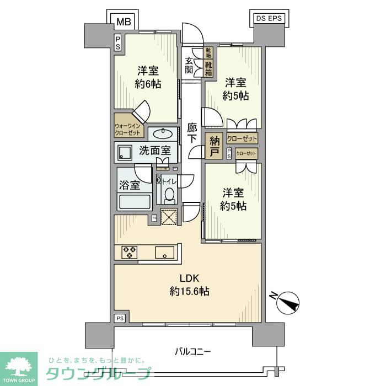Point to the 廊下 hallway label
[x=192, y=133]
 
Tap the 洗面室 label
[x=154, y=150]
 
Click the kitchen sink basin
[x=166, y=253]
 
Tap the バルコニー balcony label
[x=193, y=351]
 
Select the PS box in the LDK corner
[x=120, y=318]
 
